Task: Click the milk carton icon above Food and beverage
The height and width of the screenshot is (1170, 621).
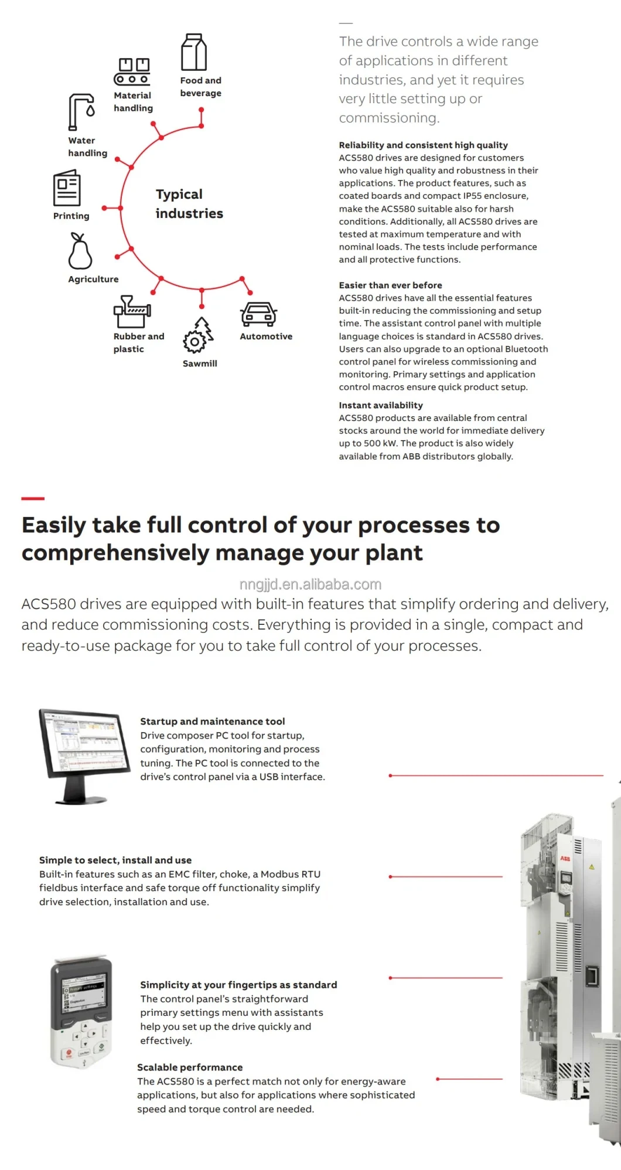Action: (x=194, y=52)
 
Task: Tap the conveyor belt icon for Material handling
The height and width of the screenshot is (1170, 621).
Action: (x=132, y=72)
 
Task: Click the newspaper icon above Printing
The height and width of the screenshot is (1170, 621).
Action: (x=67, y=188)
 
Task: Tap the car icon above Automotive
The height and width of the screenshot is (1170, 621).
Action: (x=258, y=315)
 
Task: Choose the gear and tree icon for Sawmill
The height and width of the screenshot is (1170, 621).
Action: (x=198, y=335)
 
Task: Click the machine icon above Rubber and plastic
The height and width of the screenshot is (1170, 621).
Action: (x=132, y=311)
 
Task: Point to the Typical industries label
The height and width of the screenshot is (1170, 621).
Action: (x=189, y=203)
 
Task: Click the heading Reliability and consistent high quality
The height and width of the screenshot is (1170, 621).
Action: (x=423, y=145)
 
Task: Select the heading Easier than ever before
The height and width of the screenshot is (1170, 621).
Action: (x=390, y=285)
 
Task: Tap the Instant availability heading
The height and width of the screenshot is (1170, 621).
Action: (x=381, y=405)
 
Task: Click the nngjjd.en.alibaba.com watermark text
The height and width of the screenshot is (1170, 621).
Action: (x=310, y=584)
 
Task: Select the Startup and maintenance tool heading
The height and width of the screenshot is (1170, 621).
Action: (x=212, y=721)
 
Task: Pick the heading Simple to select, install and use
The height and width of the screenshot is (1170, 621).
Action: (x=115, y=860)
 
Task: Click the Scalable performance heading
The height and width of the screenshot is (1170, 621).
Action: (x=190, y=1067)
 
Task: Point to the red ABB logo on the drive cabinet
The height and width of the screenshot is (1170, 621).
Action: (x=565, y=858)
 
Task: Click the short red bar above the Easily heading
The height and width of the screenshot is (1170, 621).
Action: (x=33, y=498)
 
